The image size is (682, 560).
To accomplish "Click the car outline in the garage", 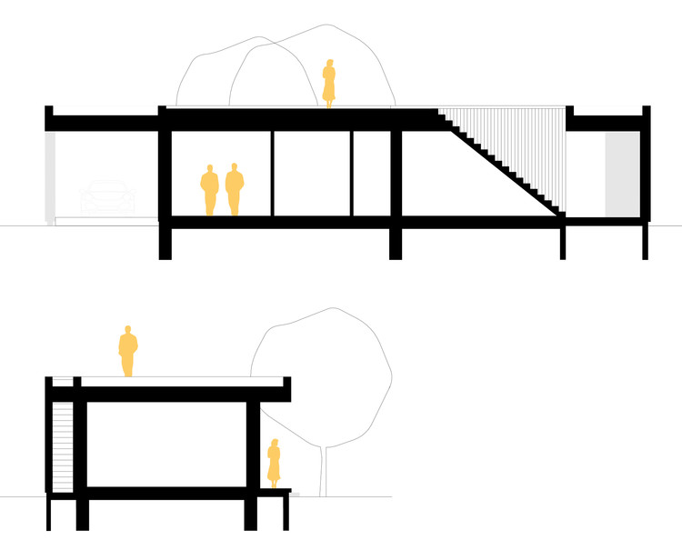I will click(107, 199).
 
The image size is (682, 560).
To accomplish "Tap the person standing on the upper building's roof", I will click(329, 84).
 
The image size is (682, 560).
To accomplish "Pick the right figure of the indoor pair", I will click(235, 190).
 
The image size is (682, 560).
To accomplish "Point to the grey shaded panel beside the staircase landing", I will click(622, 174).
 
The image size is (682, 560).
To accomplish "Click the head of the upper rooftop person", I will click(329, 65).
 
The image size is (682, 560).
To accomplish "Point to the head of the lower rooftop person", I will click(128, 331).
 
